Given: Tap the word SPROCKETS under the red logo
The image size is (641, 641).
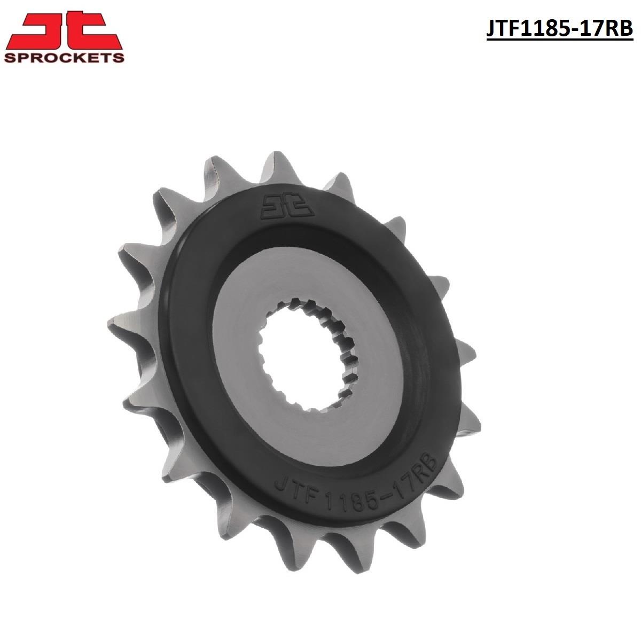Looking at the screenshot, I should [64, 57].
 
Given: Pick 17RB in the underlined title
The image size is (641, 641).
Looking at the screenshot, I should [608, 29].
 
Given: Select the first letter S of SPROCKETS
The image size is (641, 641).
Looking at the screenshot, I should [9, 57].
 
